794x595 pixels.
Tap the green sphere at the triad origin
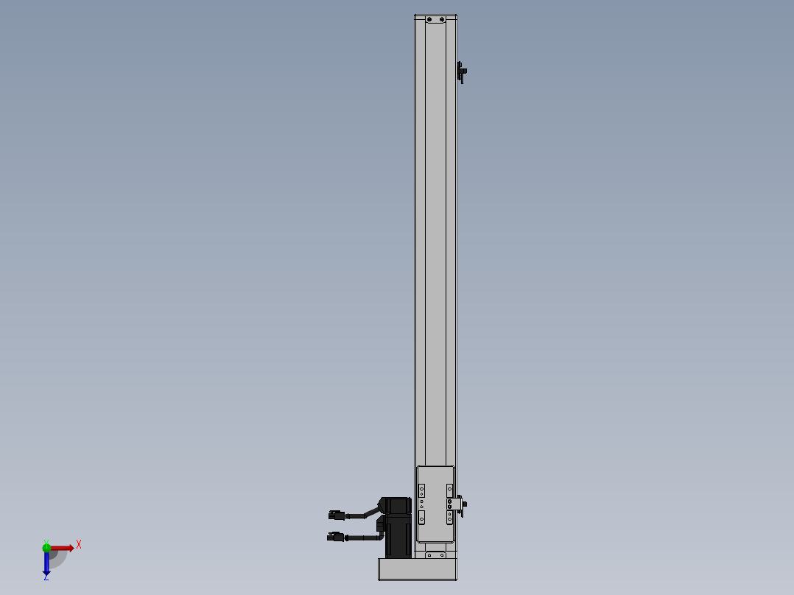[x=46, y=547]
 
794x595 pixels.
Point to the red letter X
[x=79, y=545]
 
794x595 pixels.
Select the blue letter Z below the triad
[x=46, y=577]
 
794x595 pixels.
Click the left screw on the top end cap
[x=429, y=20]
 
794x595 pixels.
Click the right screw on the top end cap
[x=442, y=20]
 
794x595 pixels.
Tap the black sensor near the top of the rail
[x=461, y=72]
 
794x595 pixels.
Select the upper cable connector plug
[x=336, y=515]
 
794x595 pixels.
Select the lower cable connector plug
[x=335, y=537]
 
